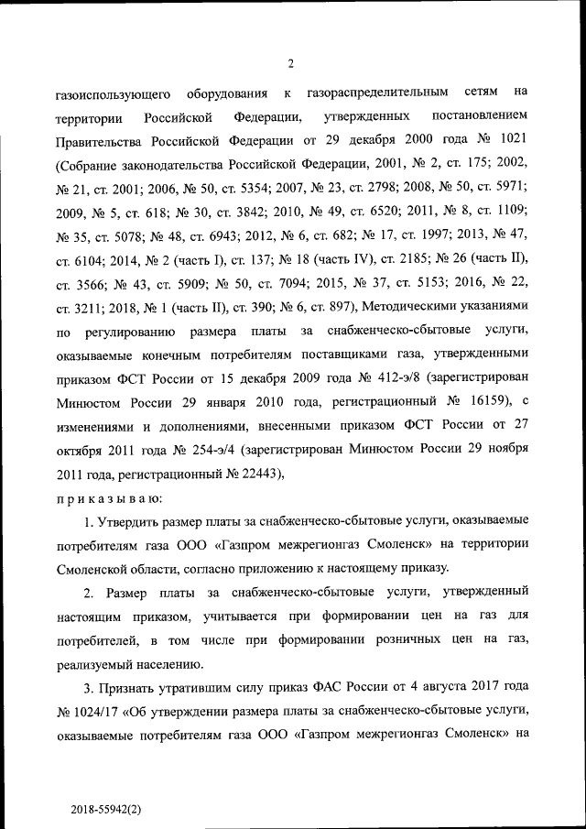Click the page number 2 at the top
[290, 63]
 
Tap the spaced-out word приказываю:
[109, 497]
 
